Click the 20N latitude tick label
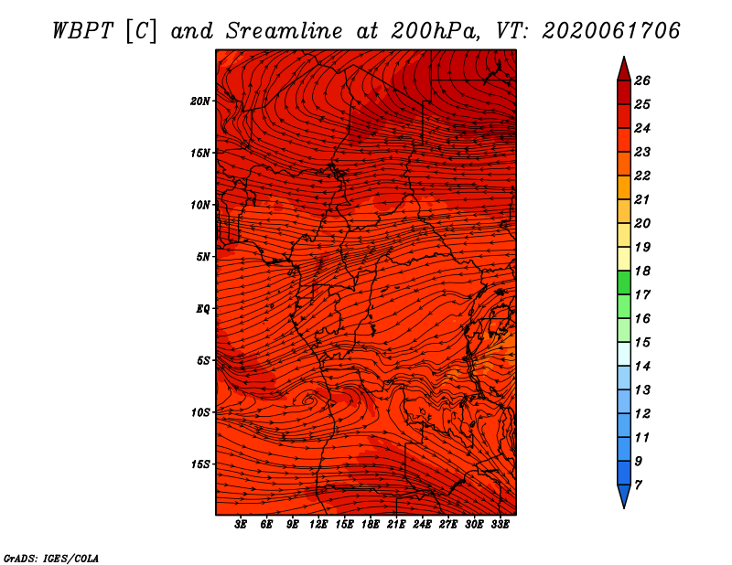click(200, 101)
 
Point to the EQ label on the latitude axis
click(203, 309)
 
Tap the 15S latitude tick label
click(200, 464)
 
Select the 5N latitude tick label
click(203, 257)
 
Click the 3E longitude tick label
click(241, 525)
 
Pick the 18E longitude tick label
click(371, 525)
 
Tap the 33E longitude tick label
click(500, 525)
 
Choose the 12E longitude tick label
click(318, 525)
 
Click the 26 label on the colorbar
click(642, 80)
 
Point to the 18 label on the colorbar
click(642, 271)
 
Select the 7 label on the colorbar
click(639, 485)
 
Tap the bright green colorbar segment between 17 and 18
click(624, 282)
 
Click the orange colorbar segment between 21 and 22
click(624, 187)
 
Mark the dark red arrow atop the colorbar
click(624, 69)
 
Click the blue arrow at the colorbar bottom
click(624, 496)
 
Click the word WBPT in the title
click(83, 31)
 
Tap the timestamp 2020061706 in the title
click(611, 31)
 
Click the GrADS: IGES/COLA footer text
click(51, 559)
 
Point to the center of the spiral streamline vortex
click(308, 400)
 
